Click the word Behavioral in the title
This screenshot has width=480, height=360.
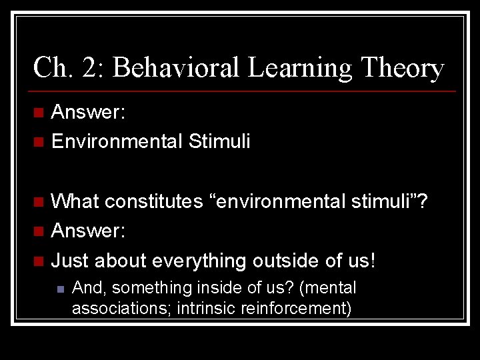click(170, 69)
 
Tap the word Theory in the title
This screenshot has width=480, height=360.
click(402, 69)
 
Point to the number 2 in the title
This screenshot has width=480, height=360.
click(89, 69)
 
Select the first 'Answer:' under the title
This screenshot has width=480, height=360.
click(88, 112)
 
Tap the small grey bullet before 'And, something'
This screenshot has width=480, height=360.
click(59, 289)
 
